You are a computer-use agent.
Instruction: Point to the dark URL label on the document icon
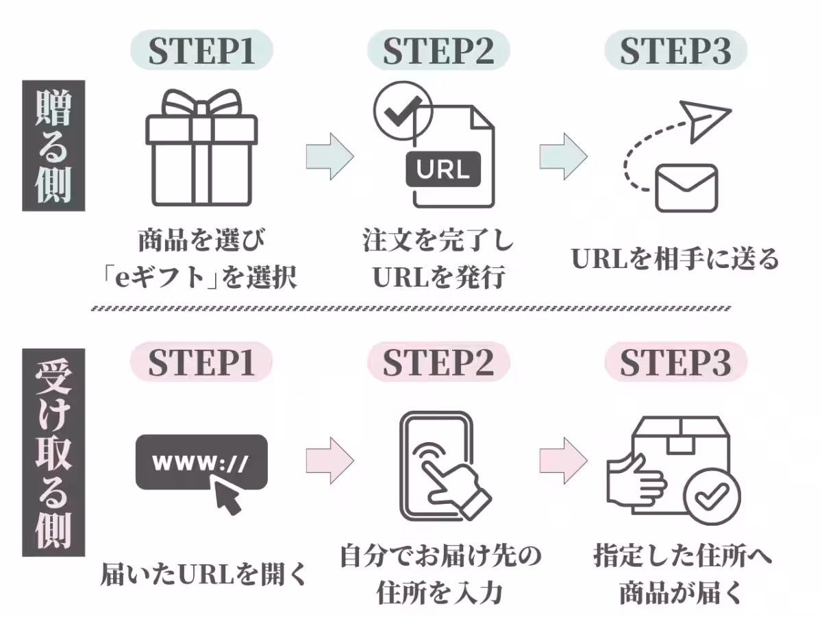coord(443,169)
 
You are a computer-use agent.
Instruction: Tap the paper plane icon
coord(706,121)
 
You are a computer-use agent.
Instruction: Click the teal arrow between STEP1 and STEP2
coord(329,156)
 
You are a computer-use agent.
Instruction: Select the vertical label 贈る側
coord(53,146)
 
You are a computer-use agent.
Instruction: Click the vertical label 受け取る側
coord(53,452)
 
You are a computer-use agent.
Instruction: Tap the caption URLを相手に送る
coord(675,259)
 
